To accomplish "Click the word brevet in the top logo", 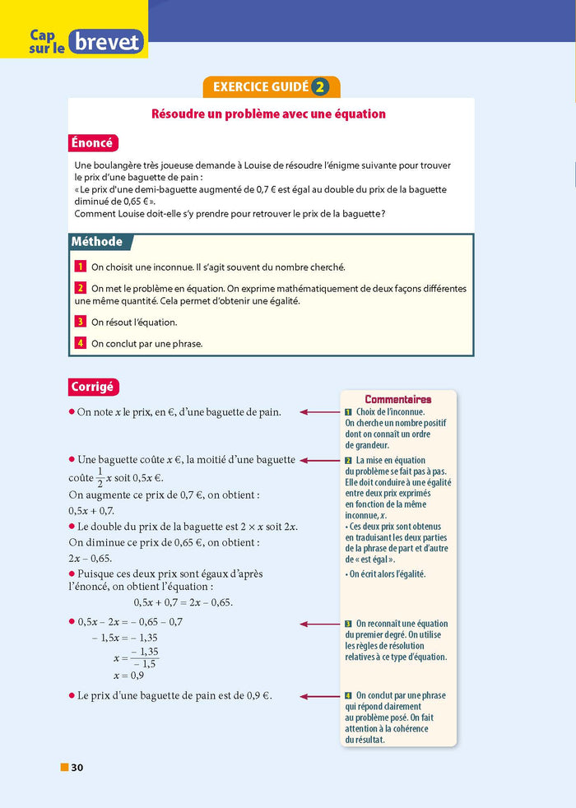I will tap(106, 42).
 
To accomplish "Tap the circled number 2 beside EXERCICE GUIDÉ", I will tap(322, 87).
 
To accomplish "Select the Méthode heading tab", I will tap(97, 242).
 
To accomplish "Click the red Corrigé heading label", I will tap(92, 387).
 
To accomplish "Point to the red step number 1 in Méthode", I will tap(81, 267).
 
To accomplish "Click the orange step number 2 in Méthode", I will tap(81, 289).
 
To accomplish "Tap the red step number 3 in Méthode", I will tap(81, 323).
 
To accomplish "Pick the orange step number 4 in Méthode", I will tap(81, 344).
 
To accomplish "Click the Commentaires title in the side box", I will tap(397, 399).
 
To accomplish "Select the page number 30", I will tap(77, 768).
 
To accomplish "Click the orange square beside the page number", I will tap(64, 768).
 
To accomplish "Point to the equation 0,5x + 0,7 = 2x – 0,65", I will tap(183, 602).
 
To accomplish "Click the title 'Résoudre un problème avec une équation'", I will tap(268, 114).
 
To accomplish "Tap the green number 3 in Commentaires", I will tap(348, 625).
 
